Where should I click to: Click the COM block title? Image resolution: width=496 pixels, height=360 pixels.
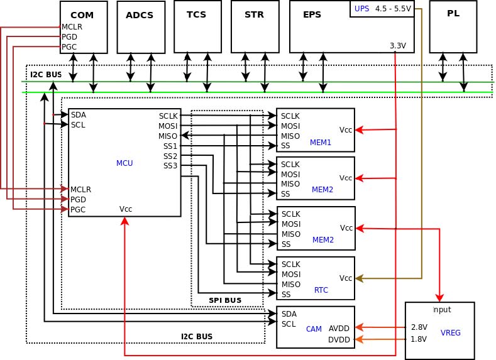pyautogui.click(x=82, y=15)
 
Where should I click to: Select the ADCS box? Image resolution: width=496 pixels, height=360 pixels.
pyautogui.click(x=140, y=26)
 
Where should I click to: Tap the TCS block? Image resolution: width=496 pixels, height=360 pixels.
pyautogui.click(x=197, y=26)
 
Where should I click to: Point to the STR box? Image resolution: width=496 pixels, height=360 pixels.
pyautogui.click(x=254, y=26)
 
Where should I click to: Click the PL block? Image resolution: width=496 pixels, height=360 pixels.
pyautogui.click(x=453, y=26)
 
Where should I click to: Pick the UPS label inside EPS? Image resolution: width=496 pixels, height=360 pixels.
pyautogui.click(x=362, y=9)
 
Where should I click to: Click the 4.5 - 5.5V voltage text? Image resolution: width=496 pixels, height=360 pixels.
pyautogui.click(x=393, y=9)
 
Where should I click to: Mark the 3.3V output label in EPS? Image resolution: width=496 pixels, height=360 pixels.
pyautogui.click(x=398, y=46)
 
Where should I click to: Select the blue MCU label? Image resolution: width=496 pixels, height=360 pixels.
pyautogui.click(x=124, y=163)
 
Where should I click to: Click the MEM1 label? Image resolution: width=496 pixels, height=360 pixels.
pyautogui.click(x=321, y=143)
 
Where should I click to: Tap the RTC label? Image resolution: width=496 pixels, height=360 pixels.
pyautogui.click(x=321, y=290)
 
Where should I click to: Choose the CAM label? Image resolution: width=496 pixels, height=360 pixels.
pyautogui.click(x=314, y=329)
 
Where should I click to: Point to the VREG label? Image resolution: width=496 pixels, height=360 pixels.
pyautogui.click(x=450, y=333)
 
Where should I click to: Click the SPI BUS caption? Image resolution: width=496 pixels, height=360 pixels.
pyautogui.click(x=225, y=300)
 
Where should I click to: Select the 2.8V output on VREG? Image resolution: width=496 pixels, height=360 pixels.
pyautogui.click(x=419, y=327)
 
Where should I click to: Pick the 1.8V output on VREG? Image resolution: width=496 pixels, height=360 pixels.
pyautogui.click(x=419, y=339)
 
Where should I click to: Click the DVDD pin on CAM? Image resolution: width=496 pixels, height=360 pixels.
pyautogui.click(x=339, y=340)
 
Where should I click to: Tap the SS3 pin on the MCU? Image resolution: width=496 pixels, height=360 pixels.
pyautogui.click(x=170, y=166)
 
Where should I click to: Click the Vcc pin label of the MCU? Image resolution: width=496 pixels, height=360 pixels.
pyautogui.click(x=126, y=209)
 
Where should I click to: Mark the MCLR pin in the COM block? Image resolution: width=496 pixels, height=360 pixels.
pyautogui.click(x=72, y=27)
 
